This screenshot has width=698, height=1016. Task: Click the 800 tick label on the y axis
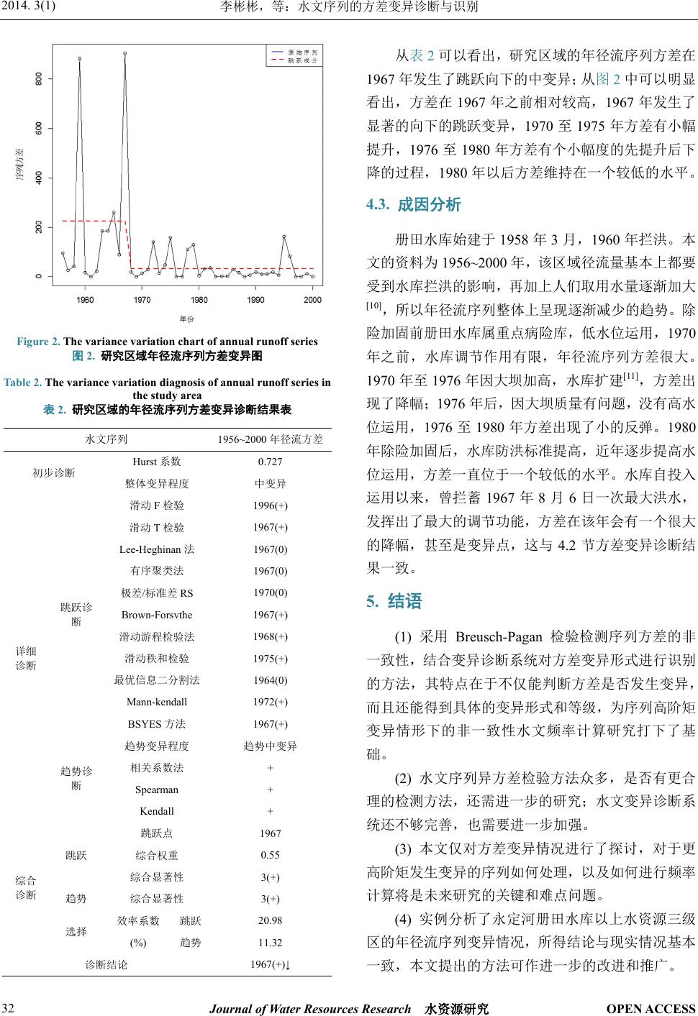39,78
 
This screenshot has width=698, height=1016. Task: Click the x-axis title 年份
186,319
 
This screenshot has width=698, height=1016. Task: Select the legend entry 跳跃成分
302,61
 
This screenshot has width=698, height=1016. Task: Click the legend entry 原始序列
302,52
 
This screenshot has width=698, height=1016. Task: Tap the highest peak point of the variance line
125,53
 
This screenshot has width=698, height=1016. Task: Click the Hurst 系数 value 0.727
270,462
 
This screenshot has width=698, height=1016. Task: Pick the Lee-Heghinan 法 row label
157,549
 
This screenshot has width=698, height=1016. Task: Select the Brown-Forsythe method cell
157,615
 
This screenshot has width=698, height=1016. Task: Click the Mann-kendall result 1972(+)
270,702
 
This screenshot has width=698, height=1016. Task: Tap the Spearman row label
157,790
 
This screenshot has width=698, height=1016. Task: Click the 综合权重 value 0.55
270,855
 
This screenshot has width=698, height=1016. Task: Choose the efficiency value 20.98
270,920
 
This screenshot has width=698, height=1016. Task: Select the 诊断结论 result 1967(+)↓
270,964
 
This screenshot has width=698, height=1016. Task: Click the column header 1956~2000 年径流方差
270,439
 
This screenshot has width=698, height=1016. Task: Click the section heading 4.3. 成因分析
414,205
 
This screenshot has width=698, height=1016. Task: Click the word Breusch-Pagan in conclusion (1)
498,637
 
